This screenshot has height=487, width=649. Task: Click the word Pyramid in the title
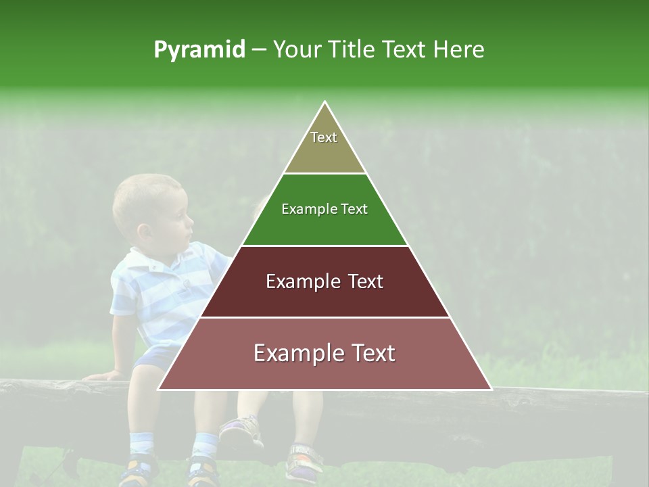pos(199,50)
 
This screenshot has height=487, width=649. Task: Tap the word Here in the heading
pos(459,50)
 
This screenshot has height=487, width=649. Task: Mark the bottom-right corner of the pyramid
pos(490,389)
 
